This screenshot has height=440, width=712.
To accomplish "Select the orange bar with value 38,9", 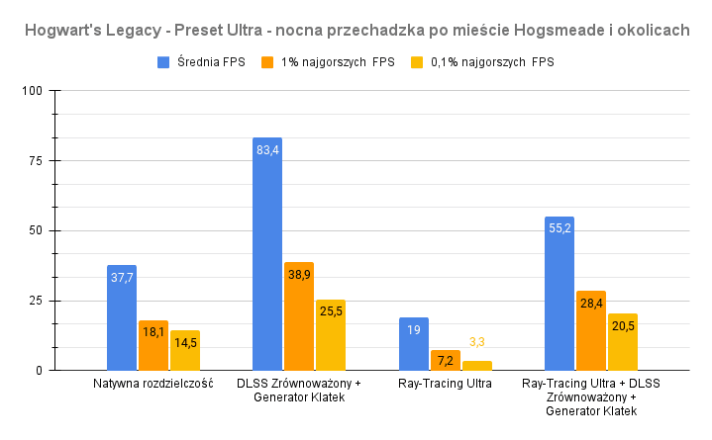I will coord(299,316).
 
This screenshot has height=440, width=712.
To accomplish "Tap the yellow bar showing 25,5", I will coord(331,335).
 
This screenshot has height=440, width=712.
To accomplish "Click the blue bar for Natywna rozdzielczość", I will coord(122,317).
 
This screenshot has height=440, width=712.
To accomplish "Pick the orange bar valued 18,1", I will coord(153,345).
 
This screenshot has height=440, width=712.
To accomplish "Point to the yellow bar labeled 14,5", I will coord(185,350).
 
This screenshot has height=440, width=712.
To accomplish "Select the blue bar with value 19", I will coord(414,344).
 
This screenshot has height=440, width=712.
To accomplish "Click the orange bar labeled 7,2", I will coord(446,361).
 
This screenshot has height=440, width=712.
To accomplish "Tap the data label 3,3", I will coord(477,342).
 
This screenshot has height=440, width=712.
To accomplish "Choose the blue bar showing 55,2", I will coord(559,294).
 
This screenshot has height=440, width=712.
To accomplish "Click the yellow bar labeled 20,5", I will coord(623,342).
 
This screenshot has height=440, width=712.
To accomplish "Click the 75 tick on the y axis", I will coord(37,161).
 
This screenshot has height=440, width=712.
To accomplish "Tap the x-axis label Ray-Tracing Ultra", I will coord(446,384).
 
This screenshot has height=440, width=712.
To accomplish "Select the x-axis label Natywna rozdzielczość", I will coord(153,384).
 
